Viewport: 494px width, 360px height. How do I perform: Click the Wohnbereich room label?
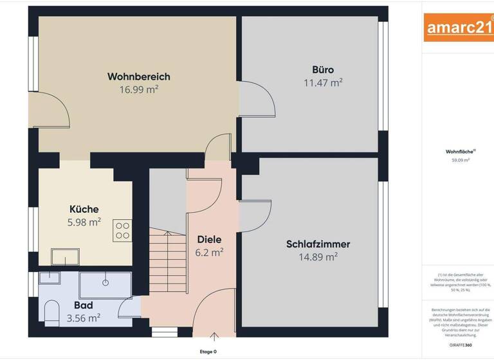[x=138, y=76]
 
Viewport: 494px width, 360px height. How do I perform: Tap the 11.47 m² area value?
[x=322, y=82]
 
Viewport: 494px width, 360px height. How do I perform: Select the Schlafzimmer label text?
[x=318, y=244]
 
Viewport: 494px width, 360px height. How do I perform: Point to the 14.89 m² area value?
[x=318, y=256]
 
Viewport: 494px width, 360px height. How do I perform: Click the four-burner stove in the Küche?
[x=122, y=230]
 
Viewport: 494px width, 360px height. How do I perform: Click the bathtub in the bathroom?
[x=105, y=282]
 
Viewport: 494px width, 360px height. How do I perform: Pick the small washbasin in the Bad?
[x=49, y=278]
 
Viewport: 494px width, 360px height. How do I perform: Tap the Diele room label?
[x=209, y=240]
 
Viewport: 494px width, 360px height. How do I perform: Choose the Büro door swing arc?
[x=262, y=104]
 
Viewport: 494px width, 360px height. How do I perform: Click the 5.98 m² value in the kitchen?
[x=84, y=222]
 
